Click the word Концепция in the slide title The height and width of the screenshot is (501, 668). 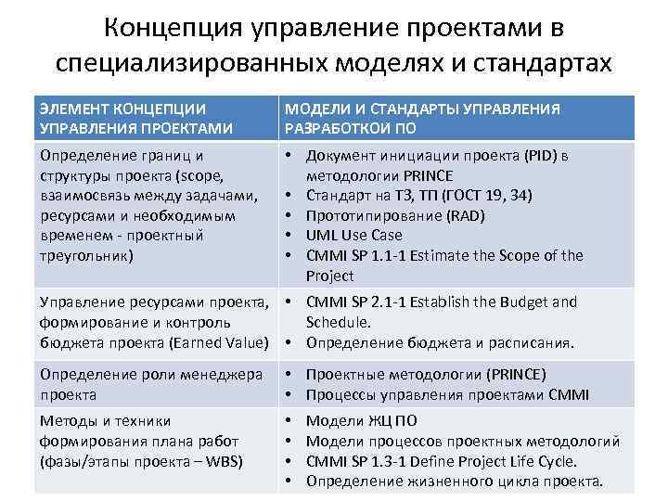[173, 28]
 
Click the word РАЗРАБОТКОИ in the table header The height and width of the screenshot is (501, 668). [338, 128]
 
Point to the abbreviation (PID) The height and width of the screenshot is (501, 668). [538, 155]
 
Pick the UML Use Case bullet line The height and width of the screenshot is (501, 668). [355, 236]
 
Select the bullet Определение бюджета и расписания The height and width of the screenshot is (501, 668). [440, 342]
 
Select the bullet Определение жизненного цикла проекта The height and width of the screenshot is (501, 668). [454, 481]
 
